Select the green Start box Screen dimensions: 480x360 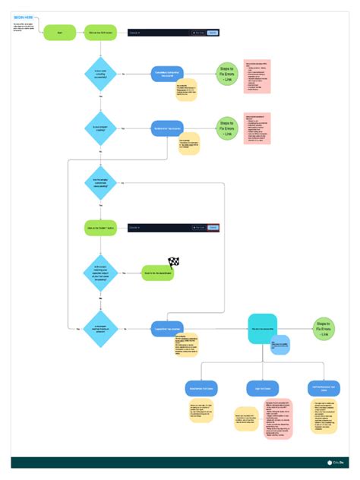[60, 32]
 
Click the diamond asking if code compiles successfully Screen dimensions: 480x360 [100, 74]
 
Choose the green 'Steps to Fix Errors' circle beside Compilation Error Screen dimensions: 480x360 [226, 74]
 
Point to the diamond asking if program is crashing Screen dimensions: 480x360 [100, 128]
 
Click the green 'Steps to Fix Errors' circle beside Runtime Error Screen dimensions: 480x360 [226, 128]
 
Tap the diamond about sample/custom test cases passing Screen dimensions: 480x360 [100, 184]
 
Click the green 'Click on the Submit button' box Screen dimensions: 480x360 [100, 226]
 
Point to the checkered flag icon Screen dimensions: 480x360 [173, 263]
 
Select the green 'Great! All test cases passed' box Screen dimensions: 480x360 [158, 273]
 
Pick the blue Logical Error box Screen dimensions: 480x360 [169, 329]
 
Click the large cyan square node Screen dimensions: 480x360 [263, 328]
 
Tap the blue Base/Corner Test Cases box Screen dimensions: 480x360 [201, 388]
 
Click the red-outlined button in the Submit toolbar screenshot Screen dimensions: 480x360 [213, 226]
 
